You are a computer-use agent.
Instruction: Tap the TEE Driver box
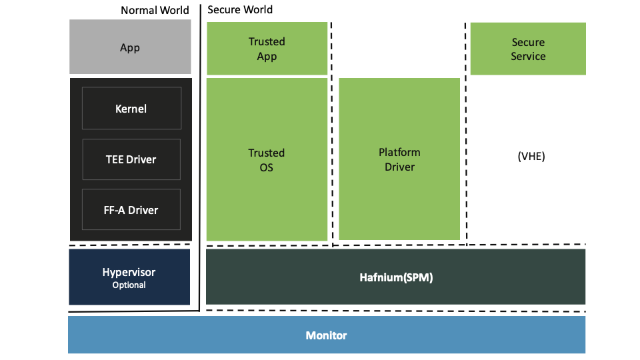click(x=131, y=159)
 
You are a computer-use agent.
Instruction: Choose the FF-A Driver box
click(x=131, y=210)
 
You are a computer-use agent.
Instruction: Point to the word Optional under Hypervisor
click(x=129, y=285)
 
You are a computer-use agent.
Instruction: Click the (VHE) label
click(x=531, y=157)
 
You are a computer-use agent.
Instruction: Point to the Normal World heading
click(x=155, y=10)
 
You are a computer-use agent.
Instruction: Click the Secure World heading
click(x=240, y=9)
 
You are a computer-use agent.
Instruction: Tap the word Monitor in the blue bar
click(x=326, y=335)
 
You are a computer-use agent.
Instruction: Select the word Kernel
click(x=131, y=109)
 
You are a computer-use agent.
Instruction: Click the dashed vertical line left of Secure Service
click(x=465, y=133)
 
